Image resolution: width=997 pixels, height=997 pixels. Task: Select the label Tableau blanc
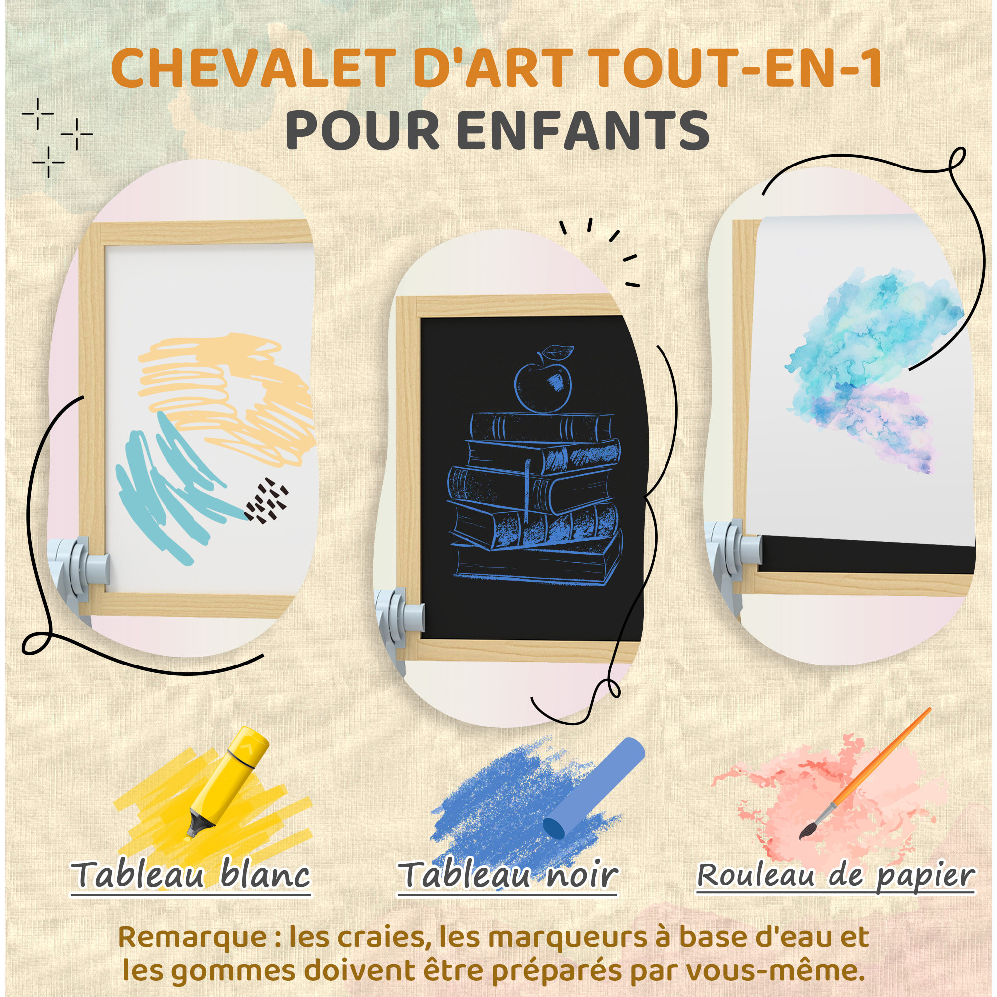pos(191,875)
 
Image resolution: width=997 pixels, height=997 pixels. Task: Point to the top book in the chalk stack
pos(542,427)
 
